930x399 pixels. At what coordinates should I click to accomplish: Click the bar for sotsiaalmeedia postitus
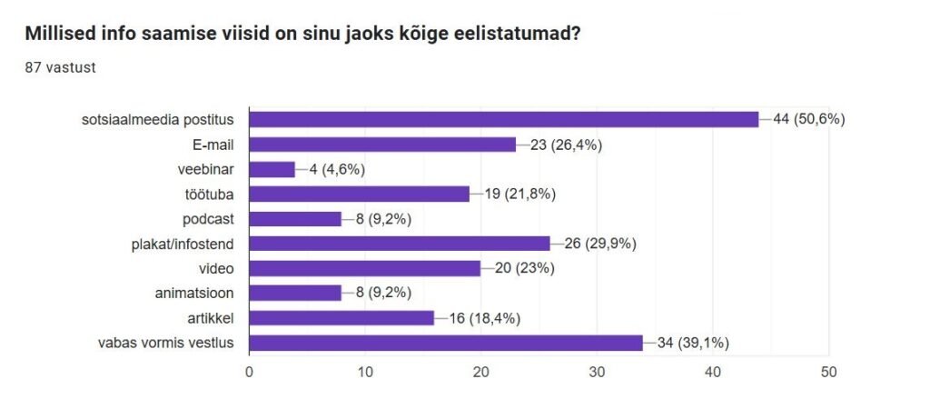coord(503,119)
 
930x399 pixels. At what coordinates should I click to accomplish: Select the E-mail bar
coord(382,144)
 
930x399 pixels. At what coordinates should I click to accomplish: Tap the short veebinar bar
coord(272,169)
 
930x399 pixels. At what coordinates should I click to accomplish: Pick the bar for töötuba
coord(359,194)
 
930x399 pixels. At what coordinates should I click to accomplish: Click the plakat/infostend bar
coord(400,244)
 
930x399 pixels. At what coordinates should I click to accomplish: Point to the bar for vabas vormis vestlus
coord(446,343)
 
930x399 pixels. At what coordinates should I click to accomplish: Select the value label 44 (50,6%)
coord(808,119)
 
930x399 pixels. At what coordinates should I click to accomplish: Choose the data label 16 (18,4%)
coord(482,318)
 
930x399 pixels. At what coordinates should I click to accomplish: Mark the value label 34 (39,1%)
coord(691,343)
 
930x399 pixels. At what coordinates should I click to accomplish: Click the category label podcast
coord(210,218)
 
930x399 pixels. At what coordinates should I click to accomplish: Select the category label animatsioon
coord(196,293)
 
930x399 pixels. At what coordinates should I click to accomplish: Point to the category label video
coord(217,268)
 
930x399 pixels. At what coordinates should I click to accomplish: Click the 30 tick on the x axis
coord(598,372)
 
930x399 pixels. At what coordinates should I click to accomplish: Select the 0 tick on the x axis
coord(250,372)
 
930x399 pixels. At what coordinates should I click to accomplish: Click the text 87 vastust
coord(60,67)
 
